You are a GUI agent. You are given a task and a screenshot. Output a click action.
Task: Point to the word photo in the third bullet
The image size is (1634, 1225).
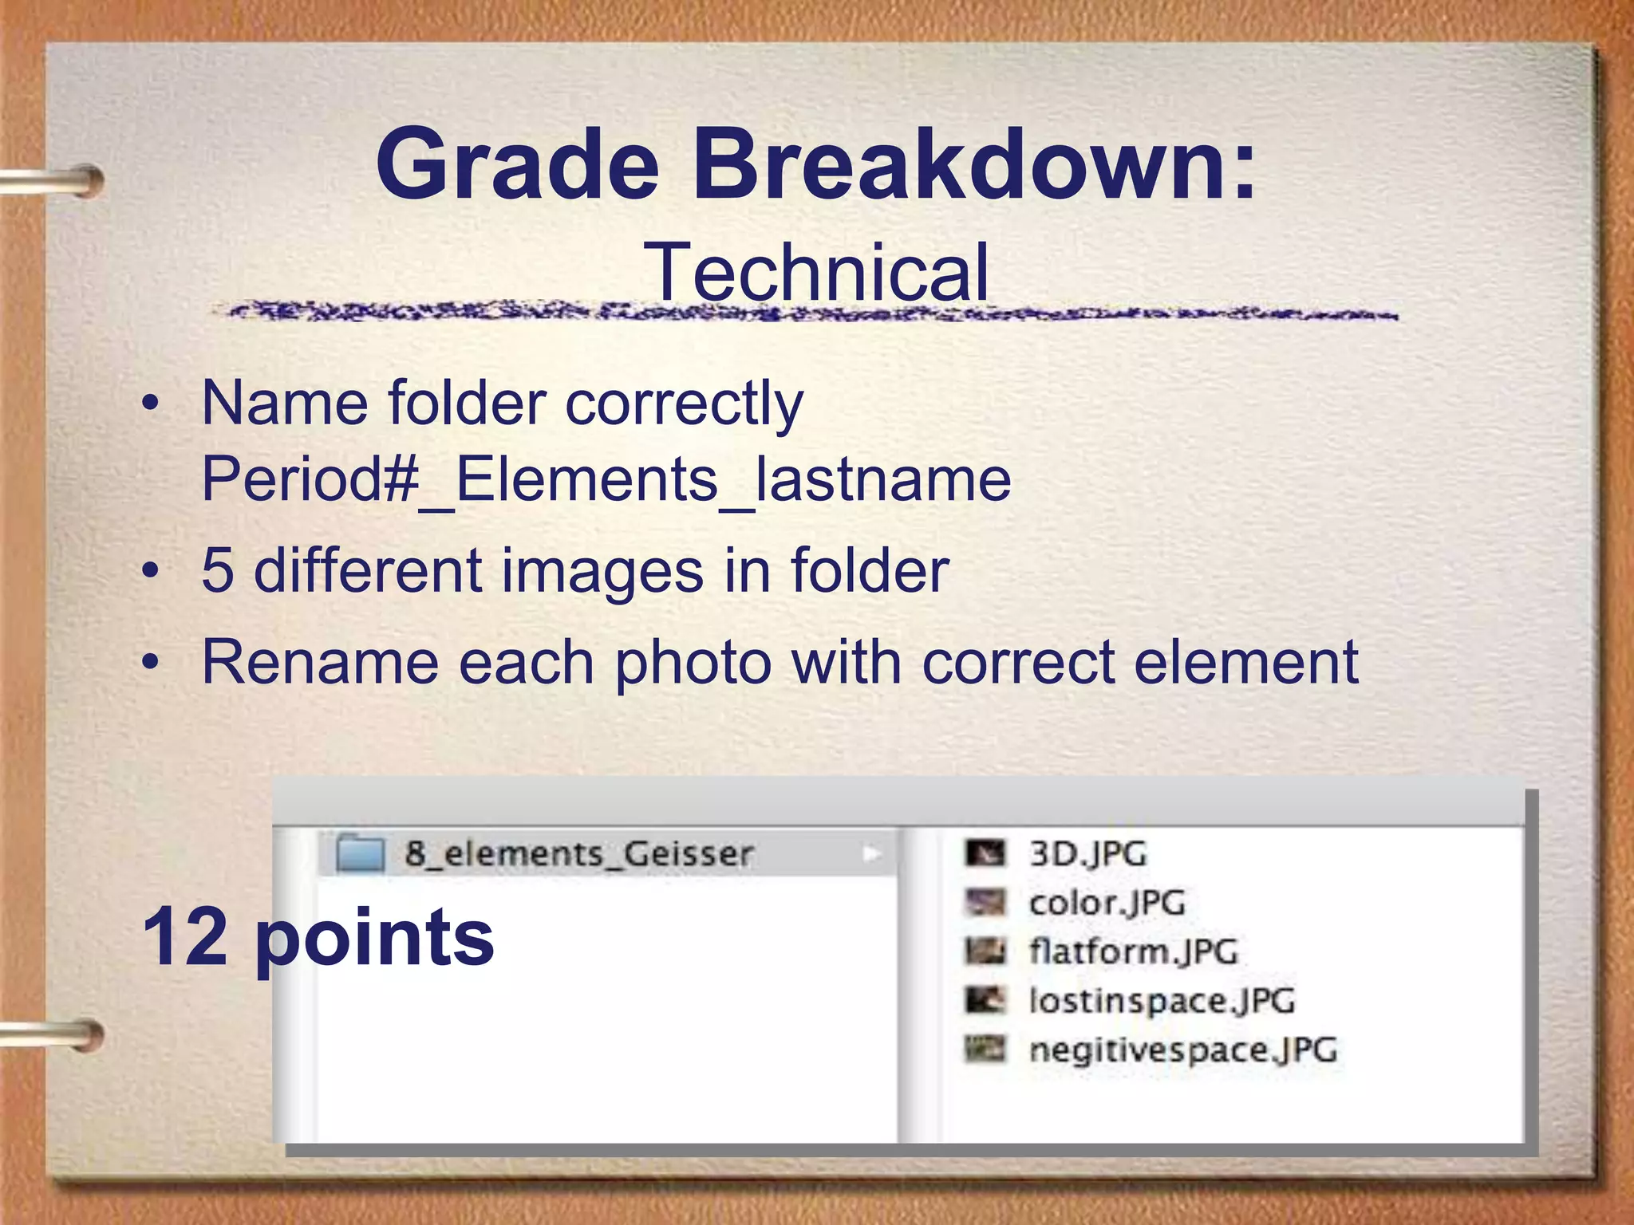tap(693, 663)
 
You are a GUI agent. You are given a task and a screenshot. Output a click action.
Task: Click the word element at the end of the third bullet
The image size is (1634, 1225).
tap(1245, 662)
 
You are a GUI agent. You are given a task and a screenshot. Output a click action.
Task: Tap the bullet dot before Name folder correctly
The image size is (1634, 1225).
tap(150, 404)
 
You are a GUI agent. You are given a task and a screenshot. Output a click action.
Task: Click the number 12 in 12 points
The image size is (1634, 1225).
tap(186, 937)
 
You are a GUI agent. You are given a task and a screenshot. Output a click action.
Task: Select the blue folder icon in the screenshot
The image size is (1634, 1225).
tap(360, 853)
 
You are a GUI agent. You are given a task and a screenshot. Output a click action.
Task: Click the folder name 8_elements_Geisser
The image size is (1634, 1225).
tap(578, 854)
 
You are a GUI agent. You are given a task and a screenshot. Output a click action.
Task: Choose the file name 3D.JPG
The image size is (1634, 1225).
tap(1087, 854)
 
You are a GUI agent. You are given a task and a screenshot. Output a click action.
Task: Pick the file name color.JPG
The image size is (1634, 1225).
tap(1107, 904)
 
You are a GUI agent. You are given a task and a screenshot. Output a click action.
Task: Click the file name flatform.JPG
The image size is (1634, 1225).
tap(1133, 952)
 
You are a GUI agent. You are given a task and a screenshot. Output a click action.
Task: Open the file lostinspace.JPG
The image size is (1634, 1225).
tap(1162, 1001)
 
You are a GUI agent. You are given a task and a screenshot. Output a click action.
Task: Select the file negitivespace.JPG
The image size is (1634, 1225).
tap(1182, 1050)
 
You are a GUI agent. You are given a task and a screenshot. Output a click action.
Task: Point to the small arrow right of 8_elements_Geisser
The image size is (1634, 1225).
tap(871, 854)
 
